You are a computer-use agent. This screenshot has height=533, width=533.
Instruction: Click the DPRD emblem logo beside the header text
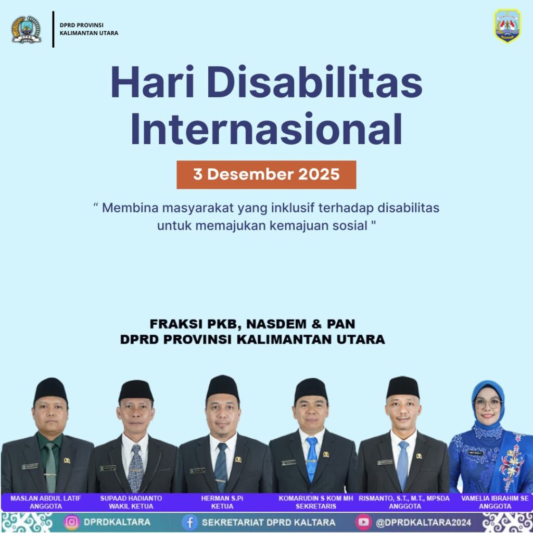point(26,30)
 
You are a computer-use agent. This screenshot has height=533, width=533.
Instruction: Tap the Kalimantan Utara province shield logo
point(507,26)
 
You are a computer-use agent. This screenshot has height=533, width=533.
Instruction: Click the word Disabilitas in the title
point(314,82)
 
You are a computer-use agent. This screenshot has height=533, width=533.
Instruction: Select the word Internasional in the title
point(266,129)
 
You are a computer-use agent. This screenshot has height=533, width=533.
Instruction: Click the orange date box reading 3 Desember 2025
point(266,174)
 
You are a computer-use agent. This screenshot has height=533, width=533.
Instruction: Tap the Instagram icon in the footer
point(72,522)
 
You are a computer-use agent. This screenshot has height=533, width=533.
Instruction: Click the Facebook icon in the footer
point(189,522)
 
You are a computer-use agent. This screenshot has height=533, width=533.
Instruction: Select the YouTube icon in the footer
point(363,522)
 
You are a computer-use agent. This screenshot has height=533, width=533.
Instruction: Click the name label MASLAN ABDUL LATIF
point(46,498)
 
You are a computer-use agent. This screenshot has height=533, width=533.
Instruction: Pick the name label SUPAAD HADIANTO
point(131,498)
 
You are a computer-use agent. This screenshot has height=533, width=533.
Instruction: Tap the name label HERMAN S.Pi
point(222,498)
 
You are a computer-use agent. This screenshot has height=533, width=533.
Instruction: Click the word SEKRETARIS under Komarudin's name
point(316,506)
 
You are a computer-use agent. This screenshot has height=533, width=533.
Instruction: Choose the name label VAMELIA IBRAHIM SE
point(495,498)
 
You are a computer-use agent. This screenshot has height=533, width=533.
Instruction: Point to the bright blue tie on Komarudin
point(311,459)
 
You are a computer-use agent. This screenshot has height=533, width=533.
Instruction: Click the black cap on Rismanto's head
point(403,387)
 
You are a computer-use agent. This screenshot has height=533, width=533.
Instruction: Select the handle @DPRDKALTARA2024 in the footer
point(423,522)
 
